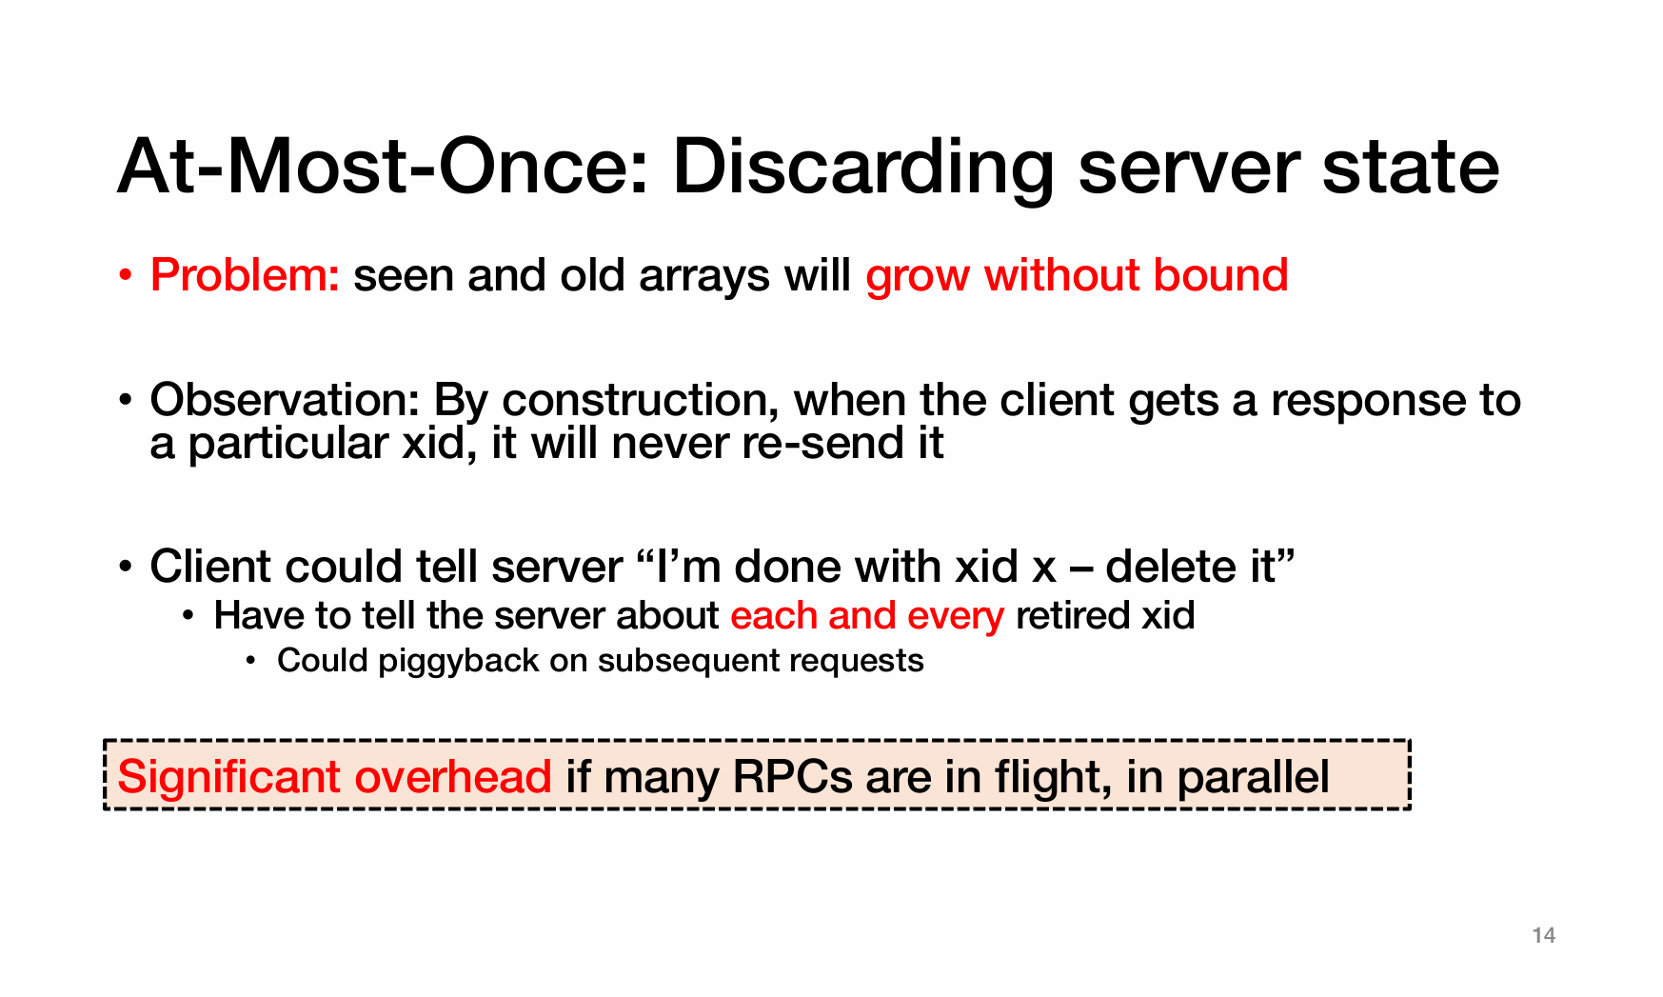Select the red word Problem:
pyautogui.click(x=245, y=275)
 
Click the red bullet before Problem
pyautogui.click(x=125, y=277)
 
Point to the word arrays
pyautogui.click(x=704, y=277)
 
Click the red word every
pyautogui.click(x=956, y=616)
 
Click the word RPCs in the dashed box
pyautogui.click(x=793, y=776)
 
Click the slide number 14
pyautogui.click(x=1544, y=935)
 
